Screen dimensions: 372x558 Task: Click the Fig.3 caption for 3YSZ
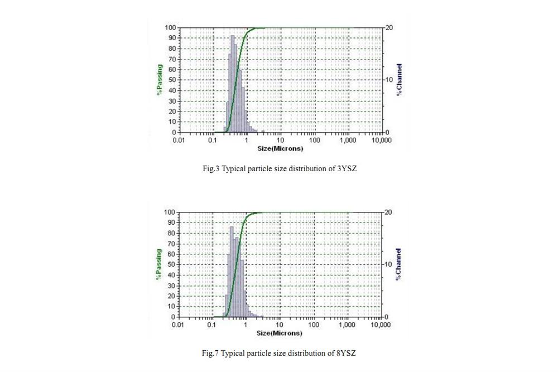tap(279, 168)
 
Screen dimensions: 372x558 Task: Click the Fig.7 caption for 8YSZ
tap(278, 353)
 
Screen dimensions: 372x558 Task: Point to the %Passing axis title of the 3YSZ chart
tap(159, 80)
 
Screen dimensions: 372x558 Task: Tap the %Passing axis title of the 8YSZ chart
tap(159, 264)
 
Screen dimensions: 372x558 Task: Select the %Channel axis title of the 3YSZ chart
tap(399, 79)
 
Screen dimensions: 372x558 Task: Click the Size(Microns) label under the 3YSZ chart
tap(280, 148)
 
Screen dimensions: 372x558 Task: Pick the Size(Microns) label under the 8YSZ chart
tap(280, 333)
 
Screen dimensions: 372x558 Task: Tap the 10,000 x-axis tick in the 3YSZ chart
tap(381, 140)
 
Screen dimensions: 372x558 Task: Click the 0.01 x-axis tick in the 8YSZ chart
tap(179, 325)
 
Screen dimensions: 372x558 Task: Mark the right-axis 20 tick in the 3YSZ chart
tap(388, 27)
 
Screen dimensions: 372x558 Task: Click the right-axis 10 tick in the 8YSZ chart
tap(388, 264)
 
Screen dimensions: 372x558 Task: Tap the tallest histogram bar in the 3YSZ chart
tap(232, 84)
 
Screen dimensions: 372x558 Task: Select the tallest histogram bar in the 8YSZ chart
tap(232, 270)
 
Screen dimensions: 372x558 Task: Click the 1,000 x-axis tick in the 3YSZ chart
tap(348, 140)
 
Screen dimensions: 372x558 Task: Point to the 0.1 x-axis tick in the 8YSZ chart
tap(212, 325)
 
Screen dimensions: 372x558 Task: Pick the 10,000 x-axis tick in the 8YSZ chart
tap(381, 325)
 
